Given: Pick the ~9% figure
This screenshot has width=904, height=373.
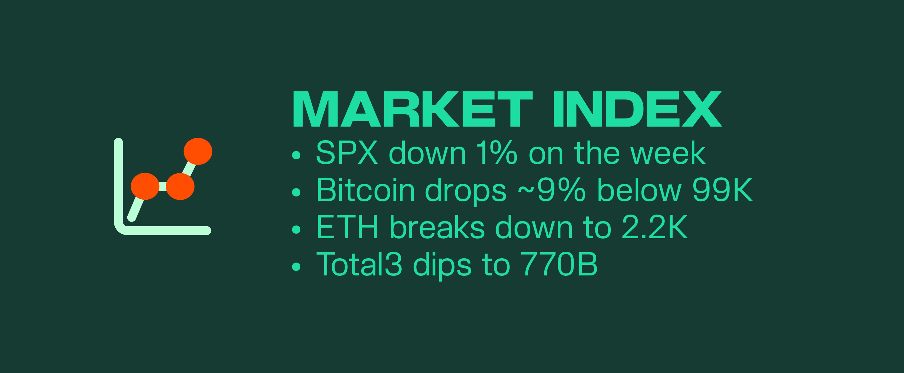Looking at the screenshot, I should (552, 191).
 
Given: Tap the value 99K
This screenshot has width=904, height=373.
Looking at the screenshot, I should (722, 191).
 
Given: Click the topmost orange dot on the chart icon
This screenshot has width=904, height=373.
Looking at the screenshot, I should (198, 151).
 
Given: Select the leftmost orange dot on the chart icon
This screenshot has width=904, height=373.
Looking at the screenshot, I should (145, 186).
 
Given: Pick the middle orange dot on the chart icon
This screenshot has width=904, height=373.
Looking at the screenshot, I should (180, 186).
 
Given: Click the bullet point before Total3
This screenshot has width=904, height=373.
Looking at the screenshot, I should (297, 267).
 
